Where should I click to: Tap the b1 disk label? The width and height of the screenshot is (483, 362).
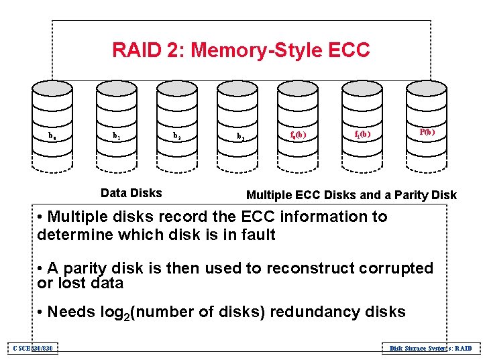tap(116, 136)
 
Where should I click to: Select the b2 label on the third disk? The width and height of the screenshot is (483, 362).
tap(176, 136)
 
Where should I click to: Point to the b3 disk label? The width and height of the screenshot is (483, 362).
tap(239, 137)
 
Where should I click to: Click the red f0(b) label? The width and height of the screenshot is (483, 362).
tap(298, 135)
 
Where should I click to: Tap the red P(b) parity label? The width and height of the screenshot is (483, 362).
tap(427, 132)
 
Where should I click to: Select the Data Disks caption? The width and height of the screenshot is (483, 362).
tap(131, 193)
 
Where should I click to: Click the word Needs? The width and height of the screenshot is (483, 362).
tap(70, 312)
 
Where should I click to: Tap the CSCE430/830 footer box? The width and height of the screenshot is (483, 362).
tap(32, 347)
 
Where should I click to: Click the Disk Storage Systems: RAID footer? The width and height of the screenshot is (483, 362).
tap(431, 348)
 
